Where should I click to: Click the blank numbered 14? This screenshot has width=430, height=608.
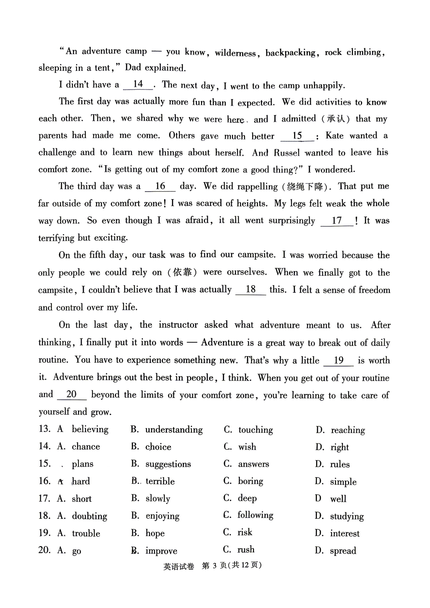tap(138, 85)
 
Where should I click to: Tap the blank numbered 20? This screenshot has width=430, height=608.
tap(72, 394)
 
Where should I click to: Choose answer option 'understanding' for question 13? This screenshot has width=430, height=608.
tap(174, 429)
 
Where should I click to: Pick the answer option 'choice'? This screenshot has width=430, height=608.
tap(158, 447)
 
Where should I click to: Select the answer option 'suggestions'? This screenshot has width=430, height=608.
tap(168, 464)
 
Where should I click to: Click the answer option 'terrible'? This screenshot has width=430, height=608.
tap(160, 481)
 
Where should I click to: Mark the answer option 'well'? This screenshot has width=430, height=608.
tap(338, 499)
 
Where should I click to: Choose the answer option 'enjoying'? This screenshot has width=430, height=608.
tap(162, 516)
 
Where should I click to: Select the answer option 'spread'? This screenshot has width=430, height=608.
tap(343, 551)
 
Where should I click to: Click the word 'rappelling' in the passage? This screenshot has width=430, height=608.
tap(257, 187)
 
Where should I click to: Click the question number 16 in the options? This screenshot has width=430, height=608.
tap(44, 481)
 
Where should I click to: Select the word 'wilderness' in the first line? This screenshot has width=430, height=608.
tap(235, 53)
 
